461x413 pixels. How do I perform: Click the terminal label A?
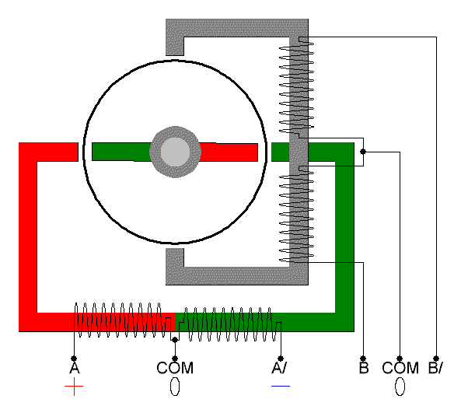pos(75,368)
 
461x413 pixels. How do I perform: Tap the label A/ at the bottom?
pos(279,368)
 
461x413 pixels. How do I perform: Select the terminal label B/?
pos(435,368)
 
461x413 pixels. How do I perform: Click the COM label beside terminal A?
pos(175,368)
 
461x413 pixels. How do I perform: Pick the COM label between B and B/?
pos(400,368)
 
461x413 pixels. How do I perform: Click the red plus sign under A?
pos(74,387)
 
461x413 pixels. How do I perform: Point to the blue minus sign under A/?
pos(281,386)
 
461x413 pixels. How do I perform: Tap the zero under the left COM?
pos(175,387)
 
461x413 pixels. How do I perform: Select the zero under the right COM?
pos(400,387)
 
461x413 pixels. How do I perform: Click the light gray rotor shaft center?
pos(175,152)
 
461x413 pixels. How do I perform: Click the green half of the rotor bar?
pos(121,152)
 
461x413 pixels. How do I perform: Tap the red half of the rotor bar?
pos(229,152)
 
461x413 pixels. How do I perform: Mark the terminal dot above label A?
pos(74,359)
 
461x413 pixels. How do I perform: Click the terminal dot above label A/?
pos(281,359)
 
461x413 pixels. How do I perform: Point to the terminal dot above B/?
pos(436,359)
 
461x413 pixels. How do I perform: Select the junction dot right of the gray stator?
pos(363,152)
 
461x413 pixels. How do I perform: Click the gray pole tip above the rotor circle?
pos(175,47)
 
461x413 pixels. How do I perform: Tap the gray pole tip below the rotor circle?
pos(175,257)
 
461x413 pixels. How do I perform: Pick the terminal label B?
pos(364,368)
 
